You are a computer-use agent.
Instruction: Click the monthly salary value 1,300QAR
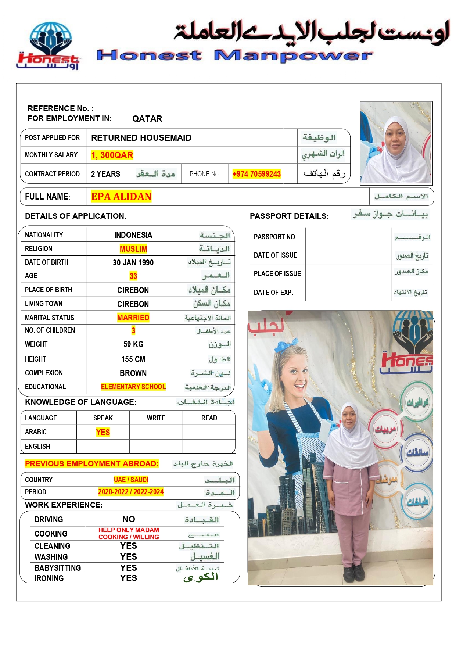coord(112,155)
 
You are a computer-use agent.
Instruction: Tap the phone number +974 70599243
coord(256,174)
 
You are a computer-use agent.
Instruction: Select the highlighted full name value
coord(121,197)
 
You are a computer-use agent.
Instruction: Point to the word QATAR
coord(147,119)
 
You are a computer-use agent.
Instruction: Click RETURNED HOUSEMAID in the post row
coord(141,138)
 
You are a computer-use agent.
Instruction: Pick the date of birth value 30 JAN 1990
coord(133,262)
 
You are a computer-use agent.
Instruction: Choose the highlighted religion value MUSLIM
coord(133,249)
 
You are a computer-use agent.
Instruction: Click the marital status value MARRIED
coord(133,318)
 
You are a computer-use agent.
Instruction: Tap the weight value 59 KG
coord(133,344)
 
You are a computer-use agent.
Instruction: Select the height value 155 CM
coord(133,359)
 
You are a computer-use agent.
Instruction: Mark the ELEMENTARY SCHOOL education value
coord(133,387)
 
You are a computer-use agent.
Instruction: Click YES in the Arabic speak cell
coord(103,432)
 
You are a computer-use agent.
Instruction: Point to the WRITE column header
coord(156,418)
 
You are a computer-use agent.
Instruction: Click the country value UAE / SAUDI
coord(131,480)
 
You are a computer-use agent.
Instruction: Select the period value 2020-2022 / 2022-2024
coord(131,492)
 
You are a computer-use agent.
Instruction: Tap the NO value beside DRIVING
coord(129,519)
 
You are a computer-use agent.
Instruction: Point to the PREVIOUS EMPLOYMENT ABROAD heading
coord(92,464)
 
